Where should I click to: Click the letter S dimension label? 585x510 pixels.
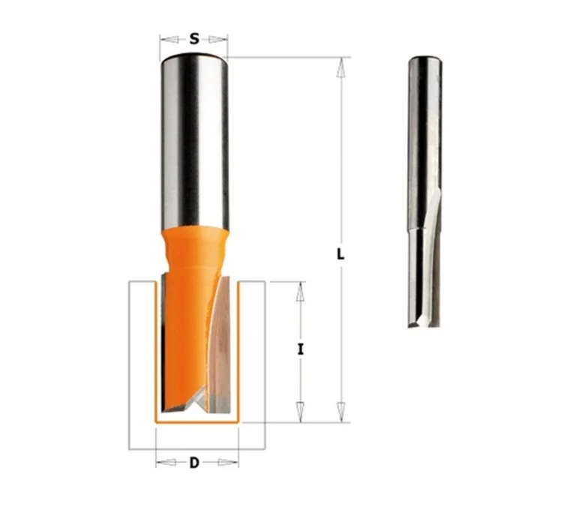point(194,38)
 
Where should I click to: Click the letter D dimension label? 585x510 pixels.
point(194,463)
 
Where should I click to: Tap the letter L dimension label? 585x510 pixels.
point(340,254)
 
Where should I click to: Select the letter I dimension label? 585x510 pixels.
point(300,349)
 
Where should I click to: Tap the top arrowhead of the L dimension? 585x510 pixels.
point(340,67)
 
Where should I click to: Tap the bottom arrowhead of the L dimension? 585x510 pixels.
point(340,412)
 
